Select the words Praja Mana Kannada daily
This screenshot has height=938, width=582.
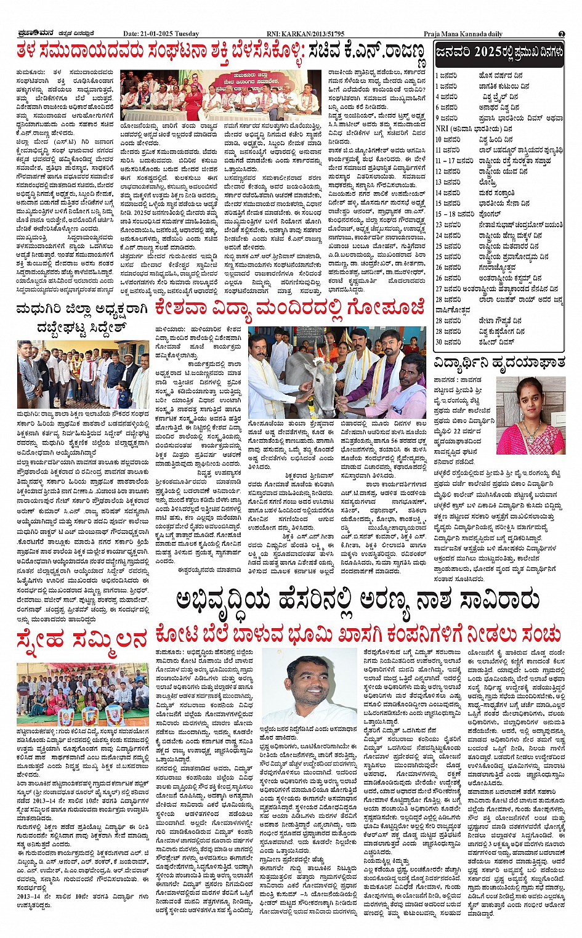coord(463,34)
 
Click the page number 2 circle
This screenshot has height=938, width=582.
coord(562,34)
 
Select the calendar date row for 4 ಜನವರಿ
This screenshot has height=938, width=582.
coord(447,97)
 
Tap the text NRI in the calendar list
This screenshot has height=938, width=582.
coord(442,129)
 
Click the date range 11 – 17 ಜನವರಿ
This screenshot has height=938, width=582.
coord(453,161)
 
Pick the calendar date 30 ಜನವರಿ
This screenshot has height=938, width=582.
coord(448,342)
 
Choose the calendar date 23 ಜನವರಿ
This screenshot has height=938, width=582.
coord(448,225)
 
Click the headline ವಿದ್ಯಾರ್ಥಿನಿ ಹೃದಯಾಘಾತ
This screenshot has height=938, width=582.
coord(499,362)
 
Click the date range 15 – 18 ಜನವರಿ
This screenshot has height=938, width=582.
coord(453,214)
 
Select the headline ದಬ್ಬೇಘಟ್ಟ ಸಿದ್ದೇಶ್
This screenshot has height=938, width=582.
coord(81,327)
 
